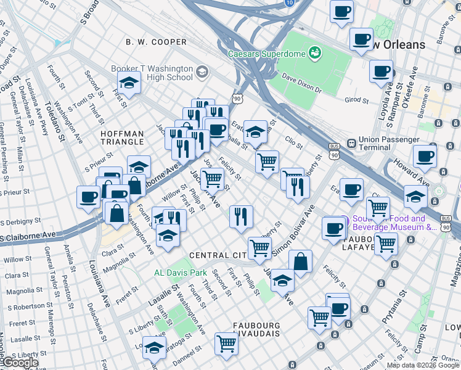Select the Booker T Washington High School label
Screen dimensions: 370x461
[152, 73]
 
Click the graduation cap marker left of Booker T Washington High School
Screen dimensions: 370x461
[129, 83]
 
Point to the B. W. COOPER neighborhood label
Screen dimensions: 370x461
[156, 42]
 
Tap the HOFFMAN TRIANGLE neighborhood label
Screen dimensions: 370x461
[123, 138]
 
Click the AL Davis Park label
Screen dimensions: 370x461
[181, 272]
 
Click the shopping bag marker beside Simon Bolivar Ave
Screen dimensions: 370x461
[300, 261]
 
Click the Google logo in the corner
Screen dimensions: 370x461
[20, 362]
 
